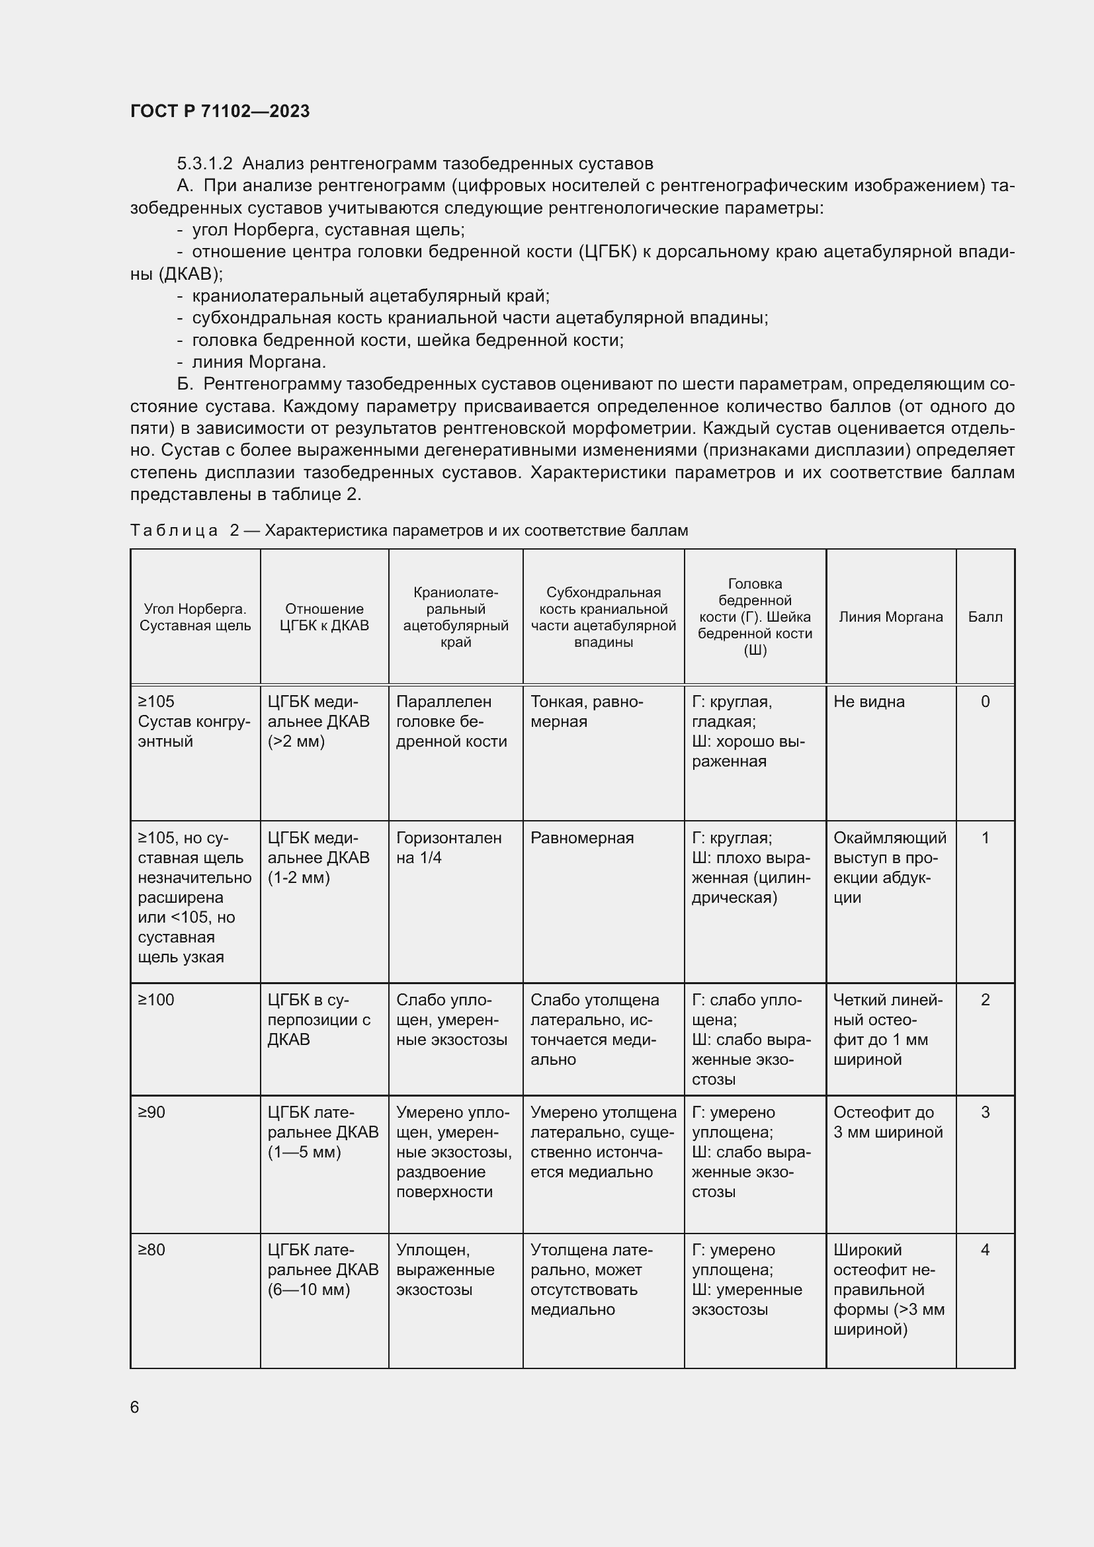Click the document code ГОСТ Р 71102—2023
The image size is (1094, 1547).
pos(220,111)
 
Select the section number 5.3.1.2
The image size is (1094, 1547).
pos(204,164)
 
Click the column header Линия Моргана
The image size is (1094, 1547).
pos(890,616)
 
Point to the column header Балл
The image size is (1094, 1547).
pos(984,616)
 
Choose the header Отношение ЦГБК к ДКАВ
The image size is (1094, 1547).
pos(324,616)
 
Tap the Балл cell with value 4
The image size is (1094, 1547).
pos(985,1250)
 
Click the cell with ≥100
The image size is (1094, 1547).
pos(156,1000)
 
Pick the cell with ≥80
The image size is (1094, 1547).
pos(151,1250)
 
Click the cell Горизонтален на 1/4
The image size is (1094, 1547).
pos(448,848)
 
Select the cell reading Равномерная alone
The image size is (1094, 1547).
pos(581,838)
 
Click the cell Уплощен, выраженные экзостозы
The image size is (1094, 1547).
pos(444,1269)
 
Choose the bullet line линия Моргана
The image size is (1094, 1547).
pos(259,362)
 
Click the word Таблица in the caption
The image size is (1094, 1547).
pos(174,530)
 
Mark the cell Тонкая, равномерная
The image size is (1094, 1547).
pos(586,712)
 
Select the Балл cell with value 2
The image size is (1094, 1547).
pos(985,1000)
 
